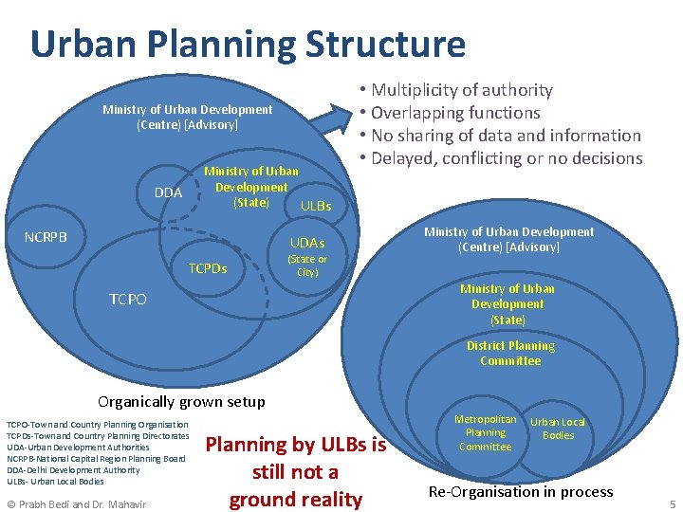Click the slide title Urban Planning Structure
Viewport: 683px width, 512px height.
pos(248,45)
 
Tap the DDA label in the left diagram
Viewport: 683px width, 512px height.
pos(168,192)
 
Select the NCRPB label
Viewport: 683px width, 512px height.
pos(46,236)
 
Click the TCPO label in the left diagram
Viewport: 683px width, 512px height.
pos(128,299)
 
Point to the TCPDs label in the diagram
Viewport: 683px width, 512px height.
pos(208,268)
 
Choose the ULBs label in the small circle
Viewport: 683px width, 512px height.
pos(316,205)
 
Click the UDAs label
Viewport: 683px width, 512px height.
pos(307,244)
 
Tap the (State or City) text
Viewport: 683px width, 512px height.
pos(307,265)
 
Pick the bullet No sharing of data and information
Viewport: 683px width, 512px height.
pos(500,136)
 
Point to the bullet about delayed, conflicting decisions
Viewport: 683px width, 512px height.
pos(500,158)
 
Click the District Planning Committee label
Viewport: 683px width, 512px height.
pos(510,353)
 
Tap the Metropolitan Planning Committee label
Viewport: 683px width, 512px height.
pos(485,432)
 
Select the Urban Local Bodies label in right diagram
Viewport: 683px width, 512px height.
pos(558,429)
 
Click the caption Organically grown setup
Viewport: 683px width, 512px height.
pos(182,401)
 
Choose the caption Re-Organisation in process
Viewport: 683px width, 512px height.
pos(521,491)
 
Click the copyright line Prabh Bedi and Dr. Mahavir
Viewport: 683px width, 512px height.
pos(76,503)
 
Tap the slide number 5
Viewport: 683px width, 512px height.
pos(672,503)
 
